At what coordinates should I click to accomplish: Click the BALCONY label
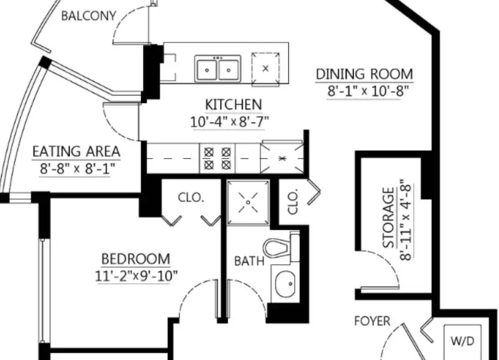pos(88,16)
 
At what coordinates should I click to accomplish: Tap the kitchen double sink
pos(218,68)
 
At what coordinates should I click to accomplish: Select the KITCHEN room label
pos(233,105)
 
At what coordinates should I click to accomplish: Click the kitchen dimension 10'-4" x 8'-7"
pos(230,122)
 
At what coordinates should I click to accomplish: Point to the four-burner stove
pos(217,158)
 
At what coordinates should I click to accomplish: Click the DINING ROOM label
pos(364,74)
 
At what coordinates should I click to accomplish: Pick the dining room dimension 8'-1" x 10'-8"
pos(368,91)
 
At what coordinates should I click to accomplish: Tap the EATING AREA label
pos(77,151)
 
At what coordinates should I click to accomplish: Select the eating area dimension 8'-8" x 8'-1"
pos(77,168)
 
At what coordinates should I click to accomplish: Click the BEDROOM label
pos(136,259)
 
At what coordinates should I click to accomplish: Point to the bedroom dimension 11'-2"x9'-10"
pos(137,276)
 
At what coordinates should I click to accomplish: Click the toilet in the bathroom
pos(281,247)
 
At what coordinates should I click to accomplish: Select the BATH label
pos(249,261)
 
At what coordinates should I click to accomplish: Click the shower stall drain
pos(248,202)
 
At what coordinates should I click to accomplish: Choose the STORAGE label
pos(388,217)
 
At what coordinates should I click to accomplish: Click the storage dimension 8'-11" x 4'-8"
pos(406,220)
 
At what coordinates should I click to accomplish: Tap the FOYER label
pos(373,321)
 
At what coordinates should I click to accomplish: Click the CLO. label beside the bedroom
pos(191,198)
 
